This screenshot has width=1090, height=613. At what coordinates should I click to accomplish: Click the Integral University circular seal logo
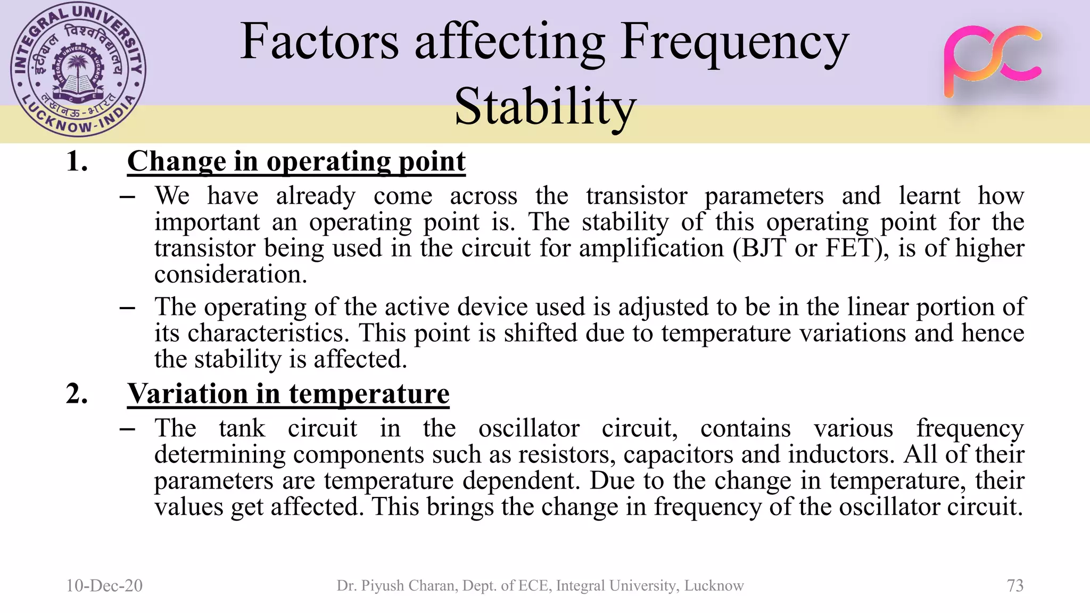coord(78,70)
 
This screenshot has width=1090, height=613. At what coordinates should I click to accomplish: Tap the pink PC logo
coord(992,61)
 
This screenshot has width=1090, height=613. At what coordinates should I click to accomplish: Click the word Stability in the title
coord(545,106)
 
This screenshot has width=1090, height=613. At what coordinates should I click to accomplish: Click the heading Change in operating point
coord(296,161)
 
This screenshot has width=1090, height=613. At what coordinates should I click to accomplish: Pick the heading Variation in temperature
coord(288,394)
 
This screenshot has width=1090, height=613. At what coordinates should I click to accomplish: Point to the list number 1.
coord(77,161)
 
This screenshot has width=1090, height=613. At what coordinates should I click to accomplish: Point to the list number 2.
coord(77,394)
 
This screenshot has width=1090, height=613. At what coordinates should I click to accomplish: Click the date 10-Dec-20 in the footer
coord(104,585)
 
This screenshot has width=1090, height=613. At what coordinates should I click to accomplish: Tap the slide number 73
coord(1015,585)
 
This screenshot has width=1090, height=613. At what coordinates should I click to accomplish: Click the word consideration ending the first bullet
coord(230,275)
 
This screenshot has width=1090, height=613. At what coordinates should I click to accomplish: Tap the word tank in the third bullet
coord(242,428)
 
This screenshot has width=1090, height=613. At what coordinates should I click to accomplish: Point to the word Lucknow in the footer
coord(714,585)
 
